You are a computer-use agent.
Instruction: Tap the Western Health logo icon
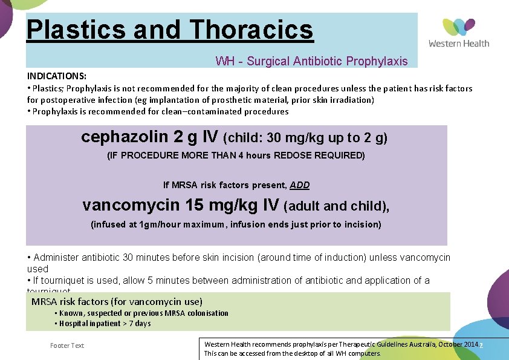pyautogui.click(x=459, y=27)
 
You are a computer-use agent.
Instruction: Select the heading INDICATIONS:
pyautogui.click(x=57, y=76)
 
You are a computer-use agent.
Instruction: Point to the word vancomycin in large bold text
pyautogui.click(x=131, y=205)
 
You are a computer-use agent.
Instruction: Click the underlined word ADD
pyautogui.click(x=299, y=185)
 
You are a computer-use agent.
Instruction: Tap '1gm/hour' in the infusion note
pyautogui.click(x=158, y=224)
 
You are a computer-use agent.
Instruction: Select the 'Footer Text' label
pyautogui.click(x=67, y=345)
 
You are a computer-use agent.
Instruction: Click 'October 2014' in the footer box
pyautogui.click(x=455, y=344)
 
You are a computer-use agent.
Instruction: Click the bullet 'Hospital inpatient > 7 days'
pyautogui.click(x=105, y=323)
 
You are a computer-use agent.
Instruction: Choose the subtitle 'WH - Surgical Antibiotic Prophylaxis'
pyautogui.click(x=311, y=61)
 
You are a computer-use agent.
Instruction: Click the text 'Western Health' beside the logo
pyautogui.click(x=459, y=43)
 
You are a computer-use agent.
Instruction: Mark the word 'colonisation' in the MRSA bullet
pyautogui.click(x=207, y=313)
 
